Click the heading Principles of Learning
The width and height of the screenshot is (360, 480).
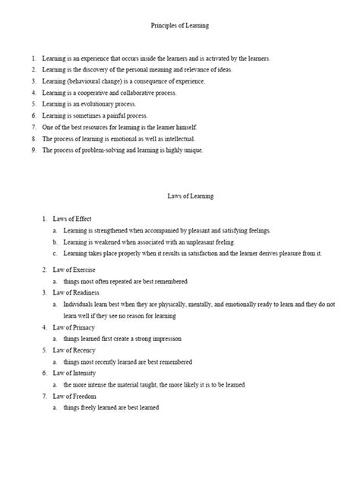(x=180, y=25)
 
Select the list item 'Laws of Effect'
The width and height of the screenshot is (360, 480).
(x=72, y=218)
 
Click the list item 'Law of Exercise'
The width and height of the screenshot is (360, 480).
(x=74, y=269)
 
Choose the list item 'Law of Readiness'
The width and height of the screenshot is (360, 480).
(x=76, y=292)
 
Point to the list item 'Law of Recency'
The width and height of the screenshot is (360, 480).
(x=74, y=349)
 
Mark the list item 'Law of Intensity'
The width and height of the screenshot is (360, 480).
(x=75, y=373)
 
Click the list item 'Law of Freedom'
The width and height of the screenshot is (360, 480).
(x=74, y=396)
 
